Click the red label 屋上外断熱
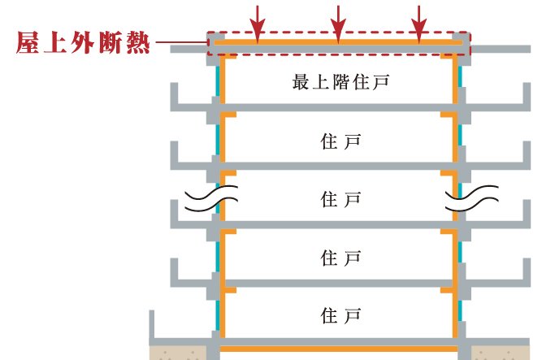click(84, 43)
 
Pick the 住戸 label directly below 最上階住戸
click(340, 141)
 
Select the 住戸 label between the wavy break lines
click(340, 199)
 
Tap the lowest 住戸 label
click(340, 313)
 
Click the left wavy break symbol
click(210, 199)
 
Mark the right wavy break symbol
click(470, 199)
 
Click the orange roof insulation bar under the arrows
click(338, 41)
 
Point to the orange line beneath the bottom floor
click(338, 347)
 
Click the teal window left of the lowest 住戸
click(218, 313)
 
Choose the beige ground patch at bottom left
click(180, 353)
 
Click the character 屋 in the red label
click(30, 43)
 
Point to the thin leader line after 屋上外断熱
click(180, 42)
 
